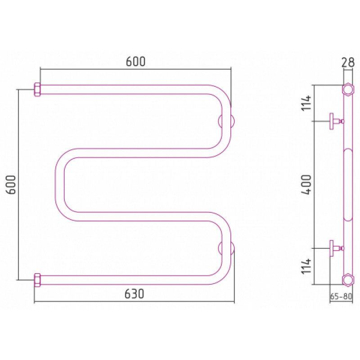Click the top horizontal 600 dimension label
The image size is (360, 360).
136,61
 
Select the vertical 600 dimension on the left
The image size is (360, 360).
11,184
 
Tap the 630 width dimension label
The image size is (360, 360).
134,293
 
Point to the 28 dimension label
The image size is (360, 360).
348,62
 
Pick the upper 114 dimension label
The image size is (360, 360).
307,103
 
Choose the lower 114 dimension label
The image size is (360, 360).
307,266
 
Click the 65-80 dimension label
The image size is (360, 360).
341,297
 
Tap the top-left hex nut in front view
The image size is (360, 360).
37,90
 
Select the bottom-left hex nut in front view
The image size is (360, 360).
37,280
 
